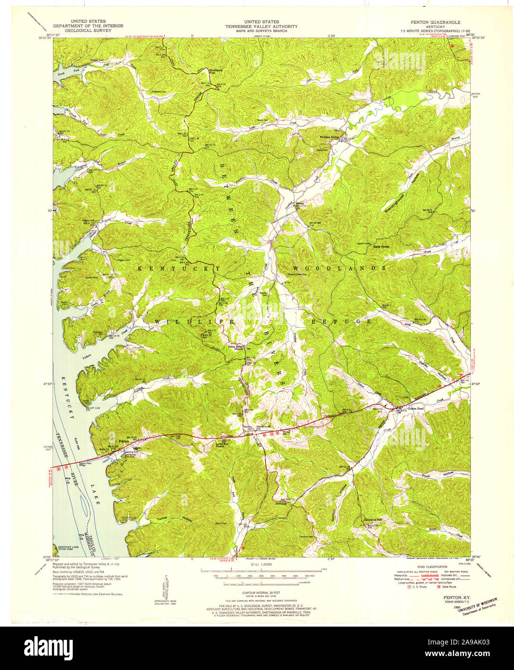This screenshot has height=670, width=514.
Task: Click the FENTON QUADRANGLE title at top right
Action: click(x=435, y=22)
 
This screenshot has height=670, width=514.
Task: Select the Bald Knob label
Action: click(x=382, y=247)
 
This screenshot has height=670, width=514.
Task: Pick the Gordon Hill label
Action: click(x=373, y=520)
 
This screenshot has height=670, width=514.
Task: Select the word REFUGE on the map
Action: click(x=341, y=321)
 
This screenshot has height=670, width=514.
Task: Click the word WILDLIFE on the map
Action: click(x=194, y=321)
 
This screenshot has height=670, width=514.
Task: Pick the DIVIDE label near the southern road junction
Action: click(x=281, y=503)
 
